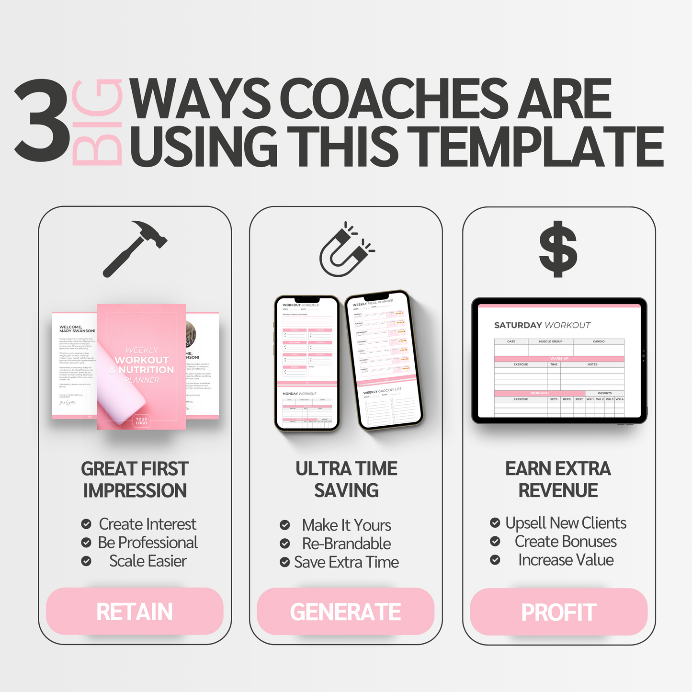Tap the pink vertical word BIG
pos(97,122)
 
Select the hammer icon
pos(135,248)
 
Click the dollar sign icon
pos(558,249)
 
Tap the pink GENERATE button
pos(345,612)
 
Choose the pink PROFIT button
pos(558,612)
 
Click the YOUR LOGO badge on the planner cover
pos(141,421)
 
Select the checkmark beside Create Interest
pos(86,524)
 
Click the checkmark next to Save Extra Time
pos(285,562)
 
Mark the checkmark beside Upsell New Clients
pos(495,523)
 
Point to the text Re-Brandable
pos(346,544)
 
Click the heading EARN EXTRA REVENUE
pos(558,479)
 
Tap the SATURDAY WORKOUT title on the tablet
pos(542,325)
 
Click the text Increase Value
pos(566,560)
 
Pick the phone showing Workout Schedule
pos(307,363)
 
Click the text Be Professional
pos(147,543)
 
